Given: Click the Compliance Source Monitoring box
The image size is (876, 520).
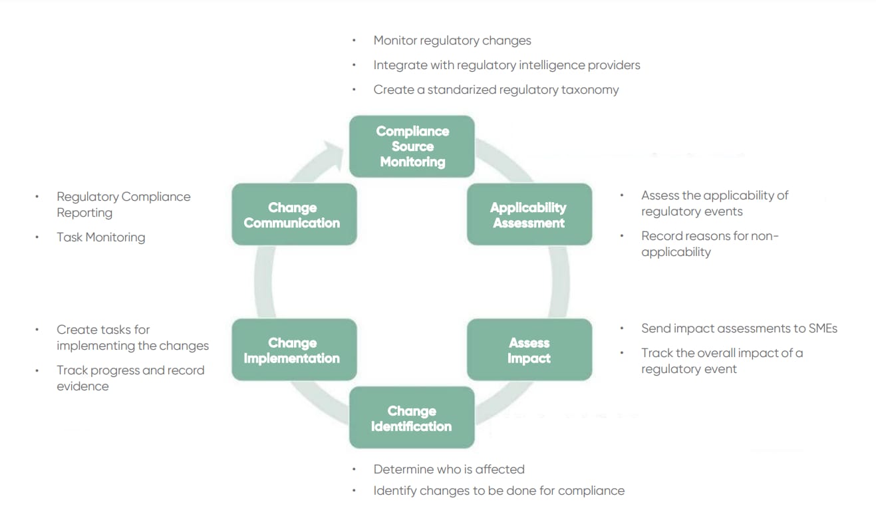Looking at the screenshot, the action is click(x=412, y=146).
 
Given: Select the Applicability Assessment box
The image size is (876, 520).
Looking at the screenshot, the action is click(x=529, y=214).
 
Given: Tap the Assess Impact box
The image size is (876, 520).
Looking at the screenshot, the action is click(x=529, y=350).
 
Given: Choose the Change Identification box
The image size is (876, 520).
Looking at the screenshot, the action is click(x=412, y=418).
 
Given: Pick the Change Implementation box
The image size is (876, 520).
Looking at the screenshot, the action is click(x=294, y=350).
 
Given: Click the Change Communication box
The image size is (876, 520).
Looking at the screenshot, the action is click(x=294, y=214).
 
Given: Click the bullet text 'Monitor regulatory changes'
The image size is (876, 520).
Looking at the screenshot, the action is click(x=452, y=41).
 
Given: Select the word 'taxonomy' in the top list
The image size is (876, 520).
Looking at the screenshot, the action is click(x=590, y=90).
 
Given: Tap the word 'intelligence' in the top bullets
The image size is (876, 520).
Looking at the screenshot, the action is click(x=551, y=65).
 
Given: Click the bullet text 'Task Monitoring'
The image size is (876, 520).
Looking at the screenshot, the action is click(x=101, y=237).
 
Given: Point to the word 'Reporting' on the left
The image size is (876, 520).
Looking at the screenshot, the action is click(x=84, y=213).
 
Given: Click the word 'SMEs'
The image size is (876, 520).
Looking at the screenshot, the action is click(x=823, y=328).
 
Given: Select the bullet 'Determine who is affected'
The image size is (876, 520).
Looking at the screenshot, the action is click(x=449, y=469).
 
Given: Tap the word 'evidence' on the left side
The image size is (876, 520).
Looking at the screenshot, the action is click(x=83, y=386).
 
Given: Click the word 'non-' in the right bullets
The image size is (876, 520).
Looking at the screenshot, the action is click(x=765, y=236).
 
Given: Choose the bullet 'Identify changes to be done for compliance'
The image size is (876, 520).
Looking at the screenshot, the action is click(x=499, y=491).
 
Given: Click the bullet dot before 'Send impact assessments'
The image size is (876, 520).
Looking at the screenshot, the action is click(x=622, y=328).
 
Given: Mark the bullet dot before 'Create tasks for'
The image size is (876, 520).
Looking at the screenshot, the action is click(x=37, y=329).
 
